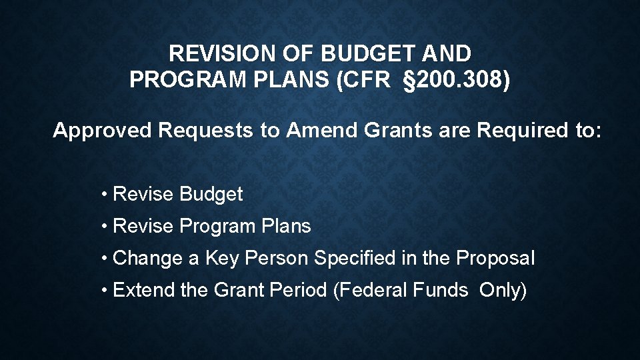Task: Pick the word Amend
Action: [x=323, y=130]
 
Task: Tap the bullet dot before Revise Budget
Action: [x=105, y=195]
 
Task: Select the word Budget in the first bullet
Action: [x=211, y=195]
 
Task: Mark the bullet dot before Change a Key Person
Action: [x=105, y=259]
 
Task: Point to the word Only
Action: [x=502, y=291]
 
